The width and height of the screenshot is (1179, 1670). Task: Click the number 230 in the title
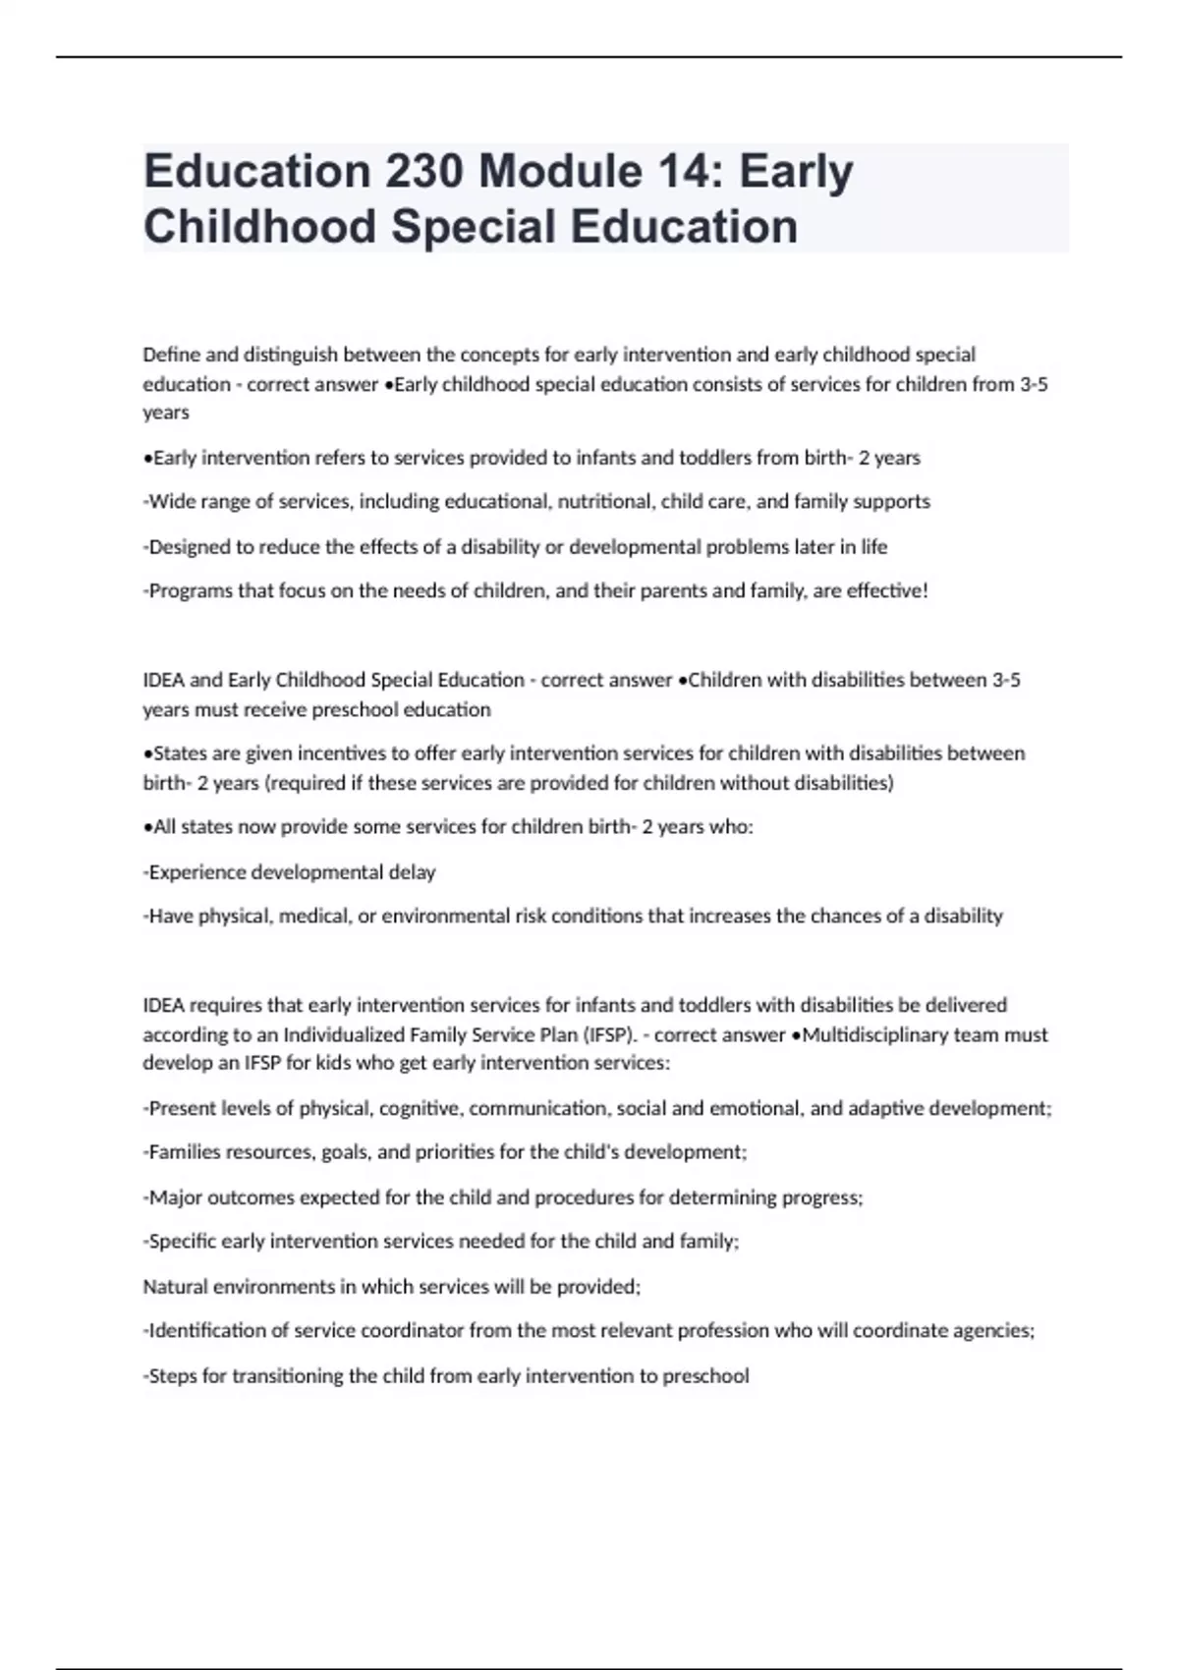point(423,171)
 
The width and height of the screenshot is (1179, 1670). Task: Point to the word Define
point(170,355)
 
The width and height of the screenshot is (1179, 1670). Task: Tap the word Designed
point(186,547)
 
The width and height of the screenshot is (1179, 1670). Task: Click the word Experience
point(196,872)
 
